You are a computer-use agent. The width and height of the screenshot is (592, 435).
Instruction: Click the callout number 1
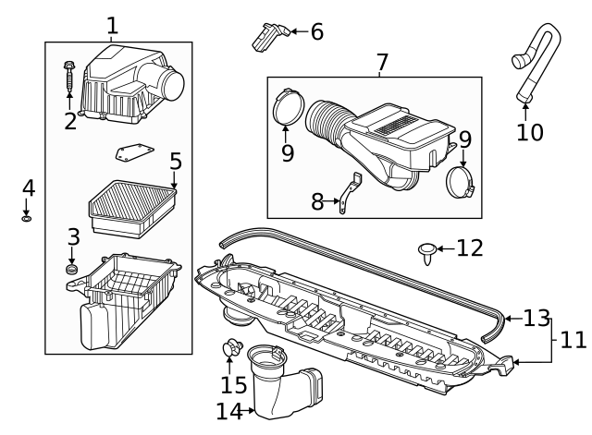point(112,25)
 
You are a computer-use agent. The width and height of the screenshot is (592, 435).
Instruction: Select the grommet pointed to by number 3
point(72,270)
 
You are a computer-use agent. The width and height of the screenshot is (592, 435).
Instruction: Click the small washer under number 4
point(27,219)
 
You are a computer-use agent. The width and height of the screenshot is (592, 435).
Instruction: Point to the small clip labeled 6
point(266,36)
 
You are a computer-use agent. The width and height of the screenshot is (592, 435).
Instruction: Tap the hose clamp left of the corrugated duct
point(290,105)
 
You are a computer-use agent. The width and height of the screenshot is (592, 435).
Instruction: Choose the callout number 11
point(573,339)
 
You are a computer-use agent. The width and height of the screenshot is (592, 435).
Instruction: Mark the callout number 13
point(536,319)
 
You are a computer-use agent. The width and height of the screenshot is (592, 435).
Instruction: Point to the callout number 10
point(530,131)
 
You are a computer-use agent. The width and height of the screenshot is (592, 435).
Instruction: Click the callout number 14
point(229,411)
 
